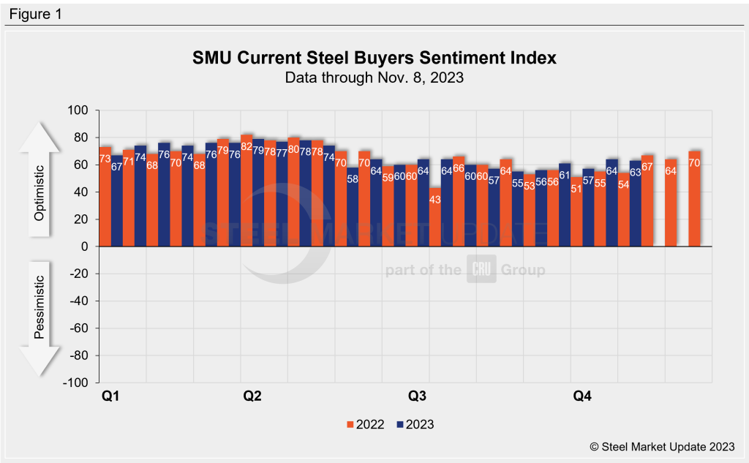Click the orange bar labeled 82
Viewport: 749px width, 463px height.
[246, 190]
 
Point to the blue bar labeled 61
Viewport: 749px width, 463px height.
[565, 205]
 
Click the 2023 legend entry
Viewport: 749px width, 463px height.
[415, 424]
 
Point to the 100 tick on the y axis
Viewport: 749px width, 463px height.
[78, 110]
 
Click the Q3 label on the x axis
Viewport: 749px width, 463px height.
[417, 396]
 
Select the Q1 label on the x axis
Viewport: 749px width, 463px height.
[110, 396]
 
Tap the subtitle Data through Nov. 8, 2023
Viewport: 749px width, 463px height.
[374, 78]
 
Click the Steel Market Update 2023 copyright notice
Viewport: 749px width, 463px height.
[659, 445]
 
